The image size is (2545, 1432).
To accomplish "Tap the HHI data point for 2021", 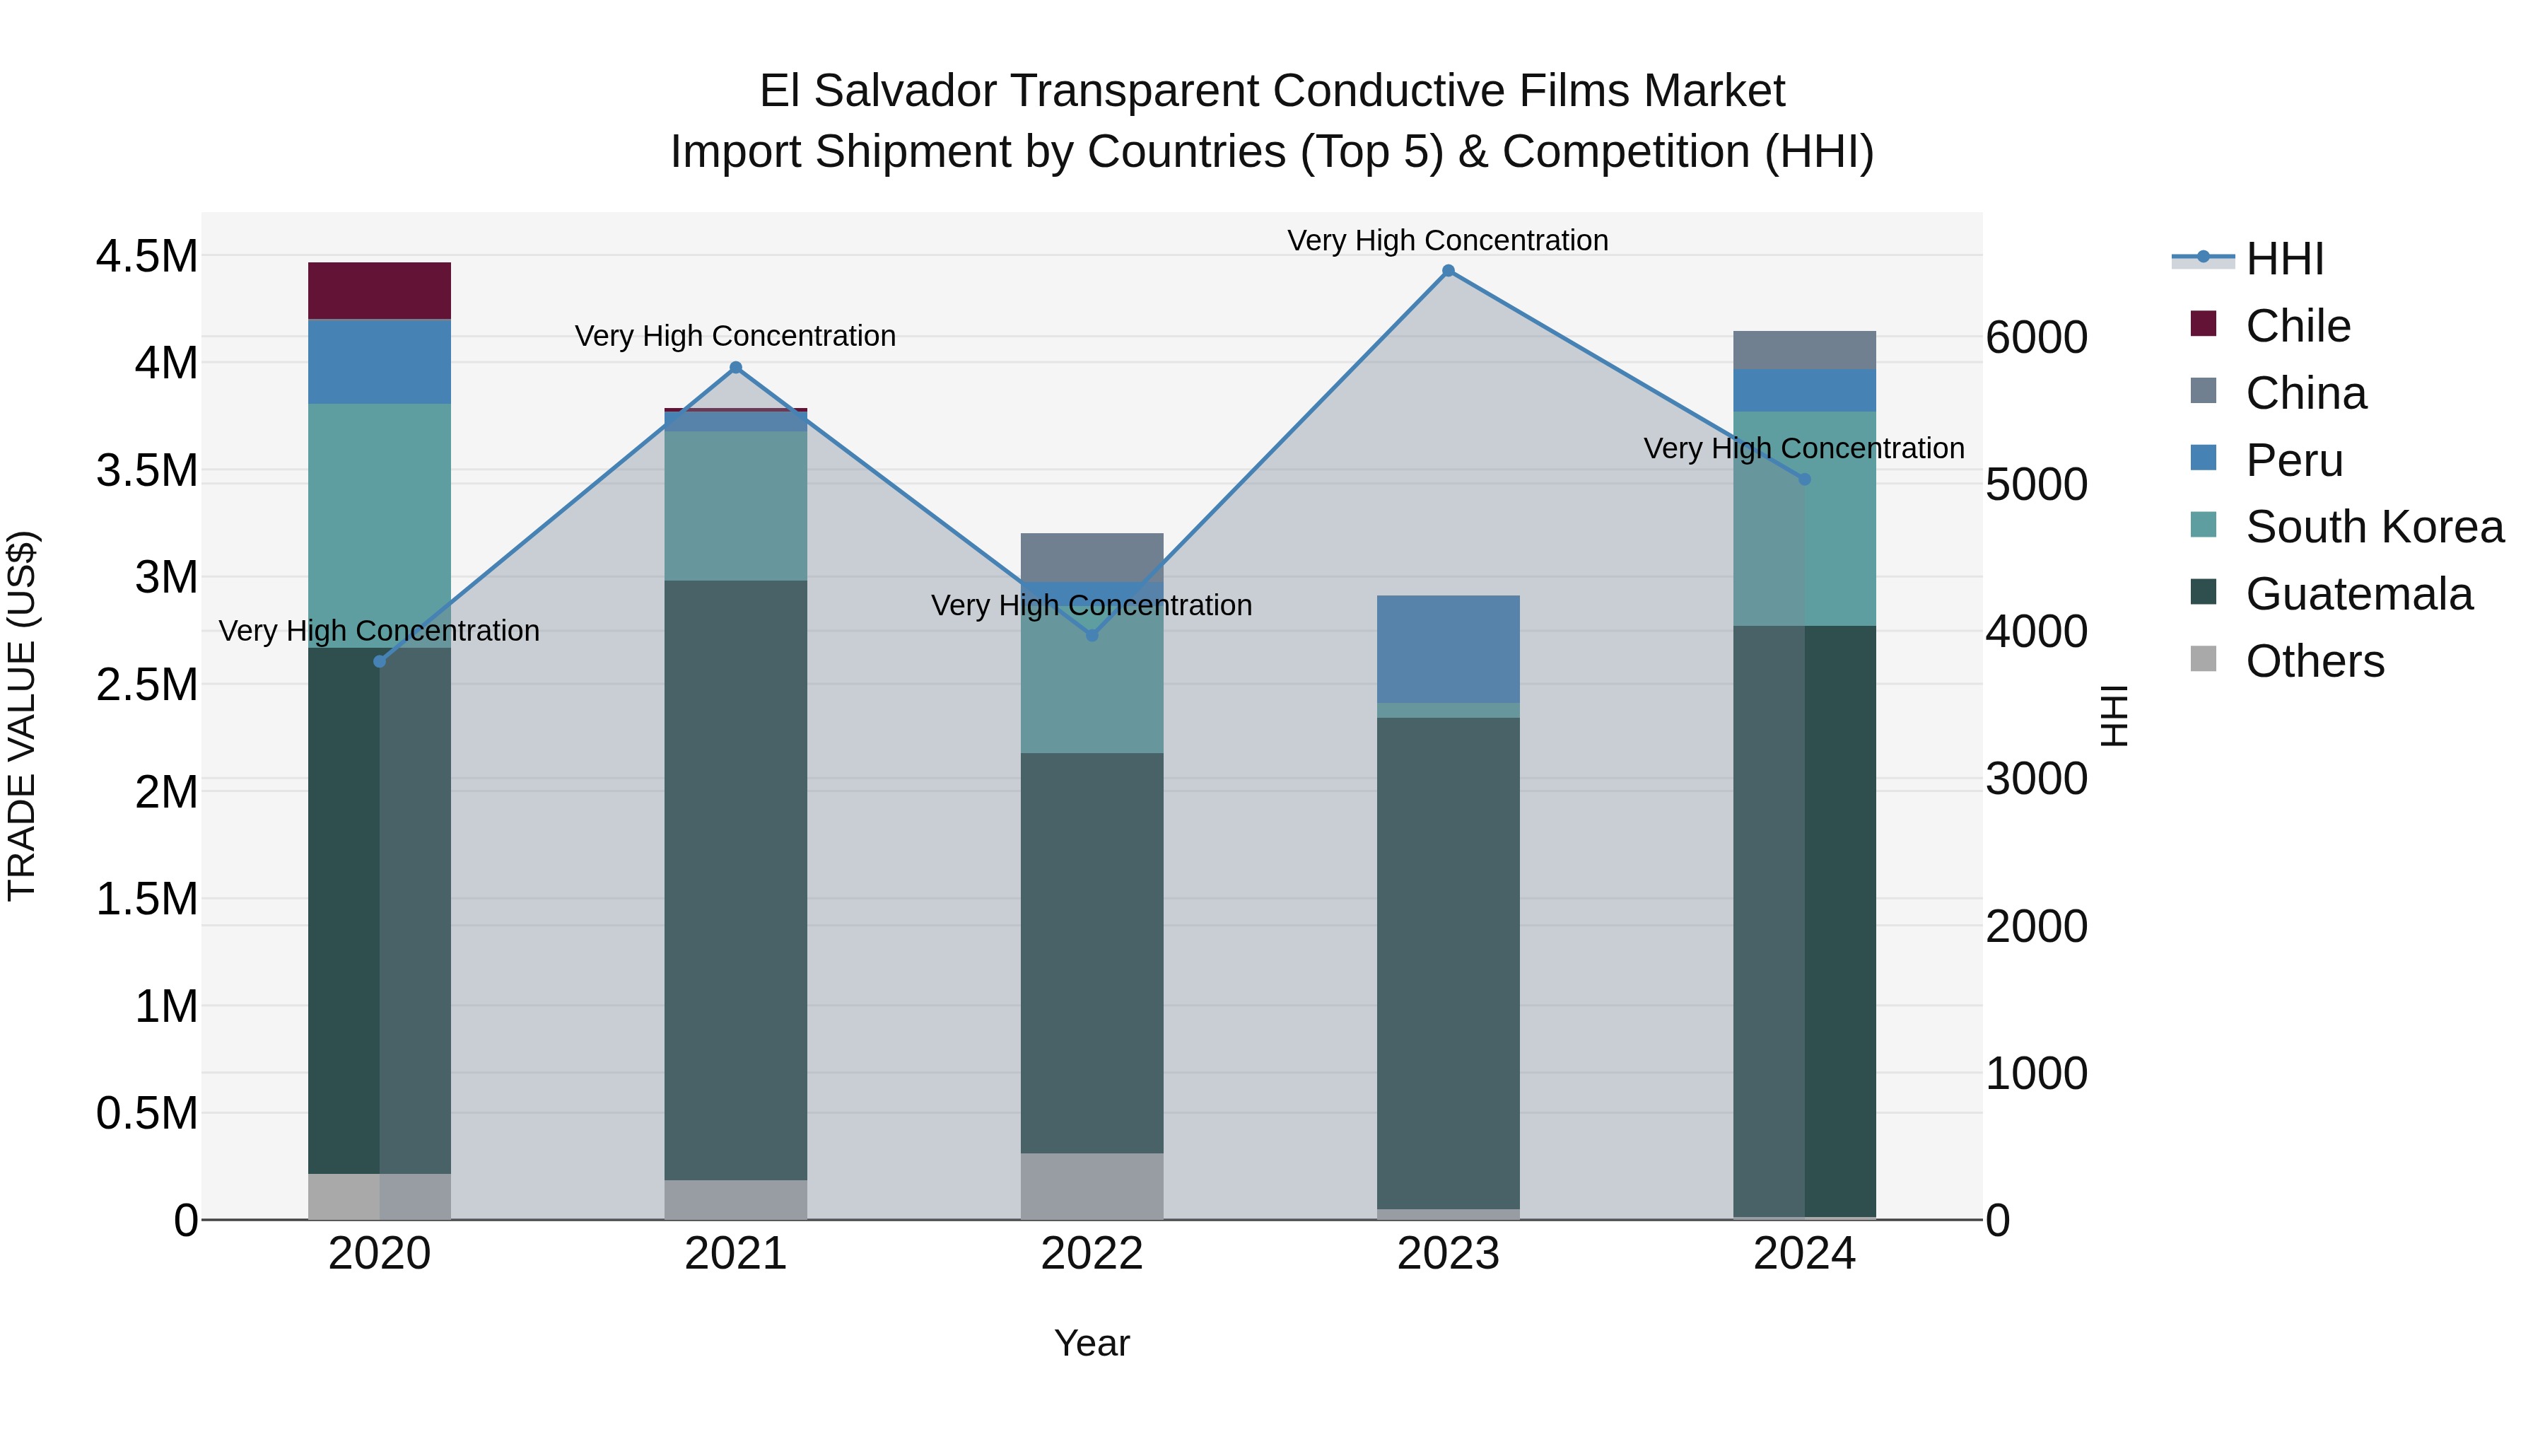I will (735, 368).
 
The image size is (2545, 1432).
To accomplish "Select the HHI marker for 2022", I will (1092, 636).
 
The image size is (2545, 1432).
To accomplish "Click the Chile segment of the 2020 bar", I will (380, 291).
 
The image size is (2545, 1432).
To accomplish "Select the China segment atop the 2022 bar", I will (1092, 557).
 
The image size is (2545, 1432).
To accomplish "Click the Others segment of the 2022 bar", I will (1092, 1186).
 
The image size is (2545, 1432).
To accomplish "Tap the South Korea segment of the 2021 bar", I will (735, 506).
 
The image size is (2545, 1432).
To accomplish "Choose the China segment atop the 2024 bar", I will (1804, 350).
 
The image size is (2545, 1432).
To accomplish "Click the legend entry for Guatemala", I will (2358, 594).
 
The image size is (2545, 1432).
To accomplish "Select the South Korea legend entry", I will (2374, 527).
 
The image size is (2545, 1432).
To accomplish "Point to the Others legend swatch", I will (2203, 659).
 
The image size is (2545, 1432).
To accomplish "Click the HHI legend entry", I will (2284, 259).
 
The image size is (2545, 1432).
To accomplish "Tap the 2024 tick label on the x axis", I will (1804, 1254).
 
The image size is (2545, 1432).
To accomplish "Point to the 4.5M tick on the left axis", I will (146, 256).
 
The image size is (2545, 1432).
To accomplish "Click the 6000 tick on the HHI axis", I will (2036, 337).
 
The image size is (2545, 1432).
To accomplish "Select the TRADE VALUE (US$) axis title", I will (22, 716).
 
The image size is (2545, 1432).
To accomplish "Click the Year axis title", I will (1092, 1343).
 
